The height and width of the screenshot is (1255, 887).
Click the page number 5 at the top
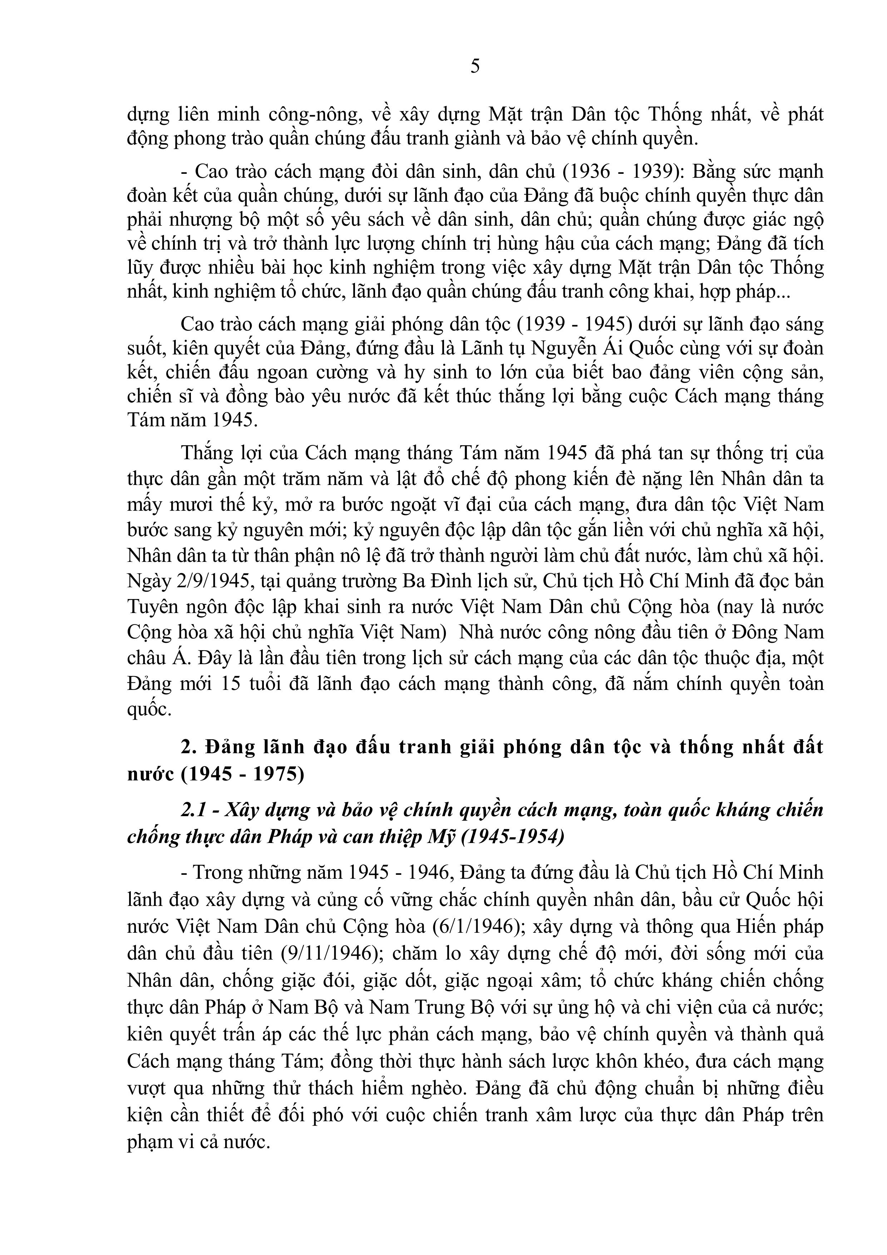click(x=475, y=66)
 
